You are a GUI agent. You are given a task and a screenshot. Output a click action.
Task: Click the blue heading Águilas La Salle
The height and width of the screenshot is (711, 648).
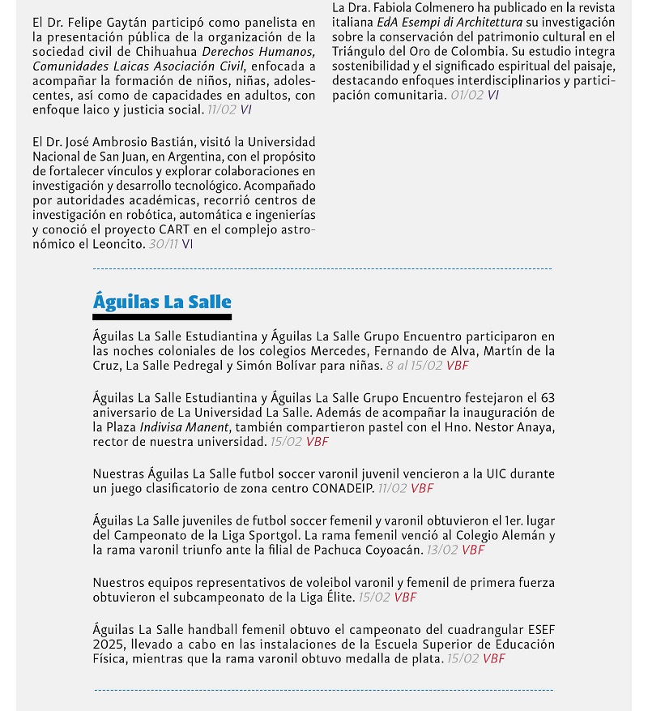coord(162,302)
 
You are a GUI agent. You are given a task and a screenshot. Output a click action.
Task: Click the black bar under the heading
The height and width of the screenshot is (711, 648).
coord(162,317)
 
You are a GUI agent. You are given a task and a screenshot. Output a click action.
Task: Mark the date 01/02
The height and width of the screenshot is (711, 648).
coord(467,95)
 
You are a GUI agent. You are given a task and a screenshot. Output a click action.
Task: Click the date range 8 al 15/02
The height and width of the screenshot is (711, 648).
coord(414,365)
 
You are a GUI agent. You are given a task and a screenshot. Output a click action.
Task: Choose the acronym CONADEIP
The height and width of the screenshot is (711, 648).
coord(343,488)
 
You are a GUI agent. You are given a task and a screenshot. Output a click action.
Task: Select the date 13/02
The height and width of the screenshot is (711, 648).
coord(442,550)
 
